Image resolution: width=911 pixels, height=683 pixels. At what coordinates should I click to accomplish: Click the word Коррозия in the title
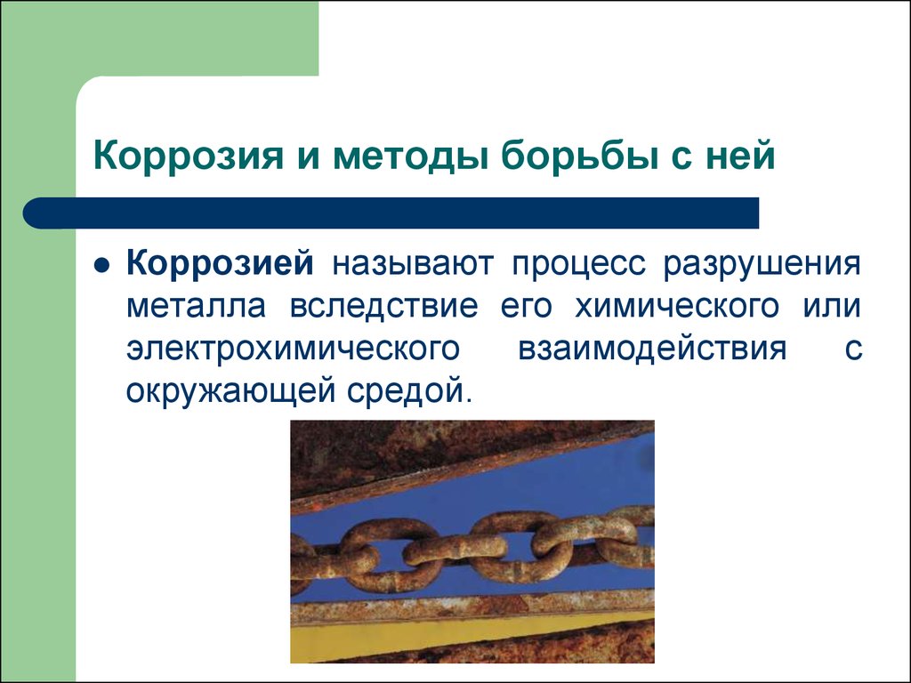[189, 155]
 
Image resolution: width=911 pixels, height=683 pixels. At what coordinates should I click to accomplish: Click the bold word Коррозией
[221, 263]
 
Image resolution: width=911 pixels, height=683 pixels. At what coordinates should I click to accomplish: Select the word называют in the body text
[413, 264]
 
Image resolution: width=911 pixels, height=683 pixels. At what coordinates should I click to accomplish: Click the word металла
[197, 306]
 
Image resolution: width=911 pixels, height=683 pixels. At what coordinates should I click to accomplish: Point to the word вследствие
[384, 306]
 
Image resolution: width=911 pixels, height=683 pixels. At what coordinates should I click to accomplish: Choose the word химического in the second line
[677, 306]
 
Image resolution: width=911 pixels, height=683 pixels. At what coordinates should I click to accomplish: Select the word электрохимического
[293, 349]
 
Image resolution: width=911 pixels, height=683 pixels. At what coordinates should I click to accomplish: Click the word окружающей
[231, 392]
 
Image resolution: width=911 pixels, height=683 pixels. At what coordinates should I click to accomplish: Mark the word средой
[407, 392]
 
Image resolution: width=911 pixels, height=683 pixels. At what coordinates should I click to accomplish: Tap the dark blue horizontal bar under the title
[391, 213]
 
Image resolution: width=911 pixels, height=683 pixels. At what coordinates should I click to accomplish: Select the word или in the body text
[832, 306]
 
